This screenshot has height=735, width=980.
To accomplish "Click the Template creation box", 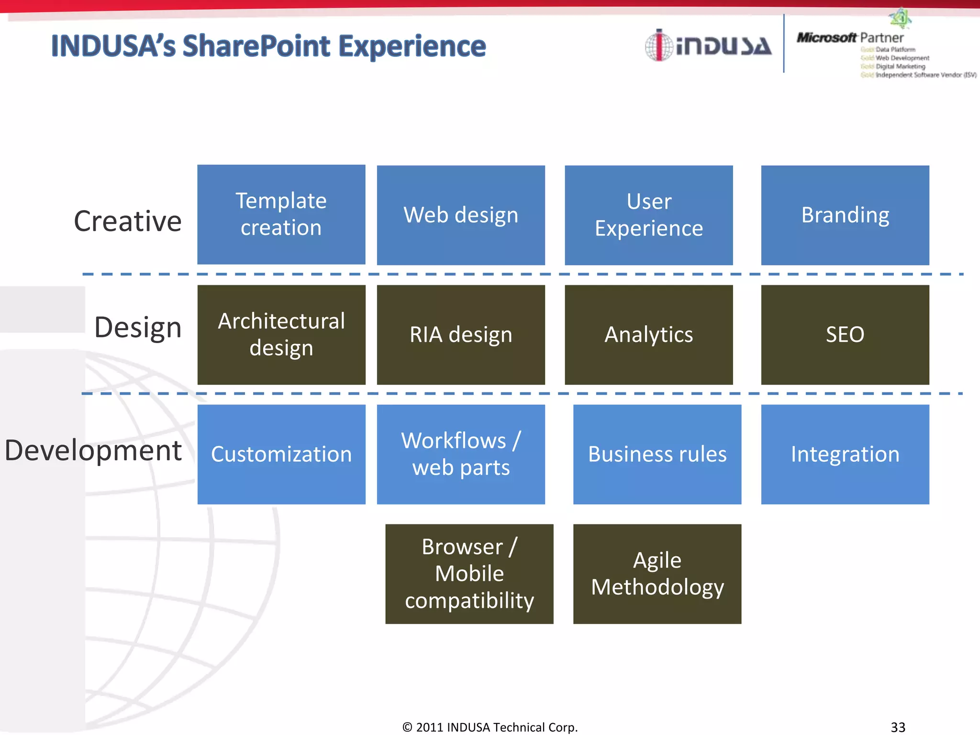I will click(281, 214).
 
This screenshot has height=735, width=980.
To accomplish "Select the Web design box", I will click(461, 215).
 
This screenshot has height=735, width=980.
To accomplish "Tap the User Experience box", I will click(648, 215).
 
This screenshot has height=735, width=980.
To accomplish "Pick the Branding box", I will click(845, 215).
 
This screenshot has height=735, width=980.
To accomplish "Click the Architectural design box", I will click(281, 334).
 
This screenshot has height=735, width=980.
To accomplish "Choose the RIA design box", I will click(461, 334).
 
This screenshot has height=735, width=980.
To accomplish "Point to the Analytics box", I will click(648, 334).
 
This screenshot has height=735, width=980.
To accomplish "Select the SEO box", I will click(845, 334).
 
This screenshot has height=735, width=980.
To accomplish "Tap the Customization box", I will click(281, 454).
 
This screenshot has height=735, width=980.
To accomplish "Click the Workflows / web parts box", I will click(461, 454).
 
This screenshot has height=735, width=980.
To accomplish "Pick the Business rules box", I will click(657, 454).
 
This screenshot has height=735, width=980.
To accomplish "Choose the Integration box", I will click(845, 454).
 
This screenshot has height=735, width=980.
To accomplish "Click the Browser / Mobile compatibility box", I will click(469, 574).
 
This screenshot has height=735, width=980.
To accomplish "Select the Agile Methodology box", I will click(657, 574).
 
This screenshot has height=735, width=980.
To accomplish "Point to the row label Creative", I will click(128, 221).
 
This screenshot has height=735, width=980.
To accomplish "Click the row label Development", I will click(93, 450).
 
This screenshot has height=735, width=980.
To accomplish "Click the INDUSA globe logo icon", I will click(659, 45).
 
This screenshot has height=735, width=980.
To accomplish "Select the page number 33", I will click(898, 727).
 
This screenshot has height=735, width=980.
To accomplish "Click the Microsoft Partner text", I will click(850, 37).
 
